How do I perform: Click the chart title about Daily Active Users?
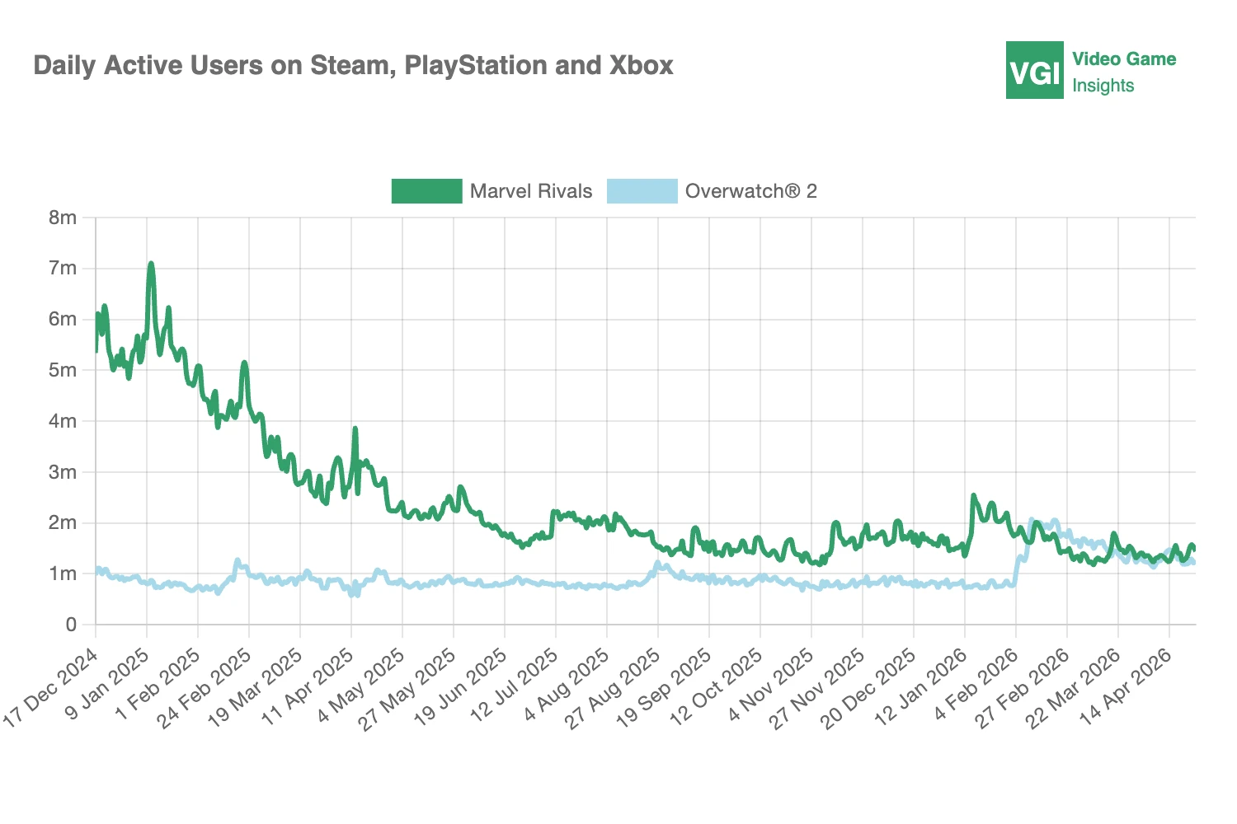tap(353, 66)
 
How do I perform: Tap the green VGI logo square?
tap(1034, 71)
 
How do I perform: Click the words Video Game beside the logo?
tap(1123, 59)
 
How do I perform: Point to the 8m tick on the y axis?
tap(63, 218)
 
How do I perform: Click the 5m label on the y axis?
tap(63, 371)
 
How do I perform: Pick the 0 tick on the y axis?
tap(71, 625)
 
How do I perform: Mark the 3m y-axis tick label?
tap(63, 472)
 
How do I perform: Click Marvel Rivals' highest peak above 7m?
tap(151, 264)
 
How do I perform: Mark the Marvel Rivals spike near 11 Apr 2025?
tap(355, 429)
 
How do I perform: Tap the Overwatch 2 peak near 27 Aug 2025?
tap(658, 564)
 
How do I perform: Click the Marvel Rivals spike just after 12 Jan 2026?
tap(974, 496)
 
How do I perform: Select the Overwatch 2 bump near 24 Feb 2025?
tap(238, 561)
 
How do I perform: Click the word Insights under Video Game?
tap(1103, 86)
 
